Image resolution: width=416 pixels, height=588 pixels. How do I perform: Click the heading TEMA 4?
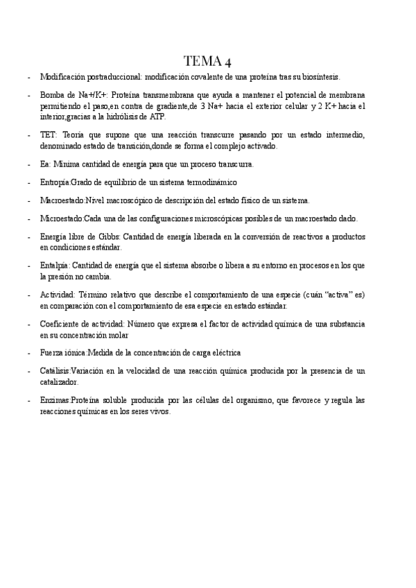(208, 60)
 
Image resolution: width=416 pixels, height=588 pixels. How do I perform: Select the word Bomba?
(52, 94)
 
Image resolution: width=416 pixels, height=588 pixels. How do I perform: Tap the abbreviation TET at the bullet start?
(48, 135)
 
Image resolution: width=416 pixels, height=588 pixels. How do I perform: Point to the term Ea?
(44, 164)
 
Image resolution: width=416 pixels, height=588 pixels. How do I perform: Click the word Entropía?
(55, 182)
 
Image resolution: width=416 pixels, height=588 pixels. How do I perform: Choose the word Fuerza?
(53, 353)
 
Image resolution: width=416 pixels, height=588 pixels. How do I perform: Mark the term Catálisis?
(55, 372)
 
